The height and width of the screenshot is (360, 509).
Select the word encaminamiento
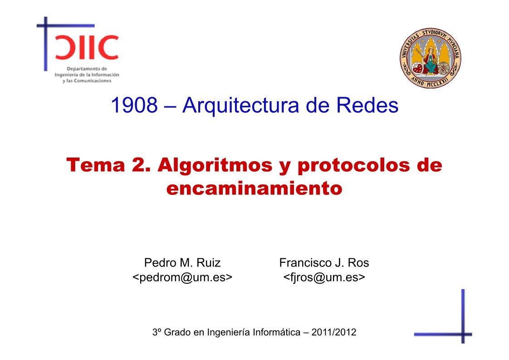(x=254, y=187)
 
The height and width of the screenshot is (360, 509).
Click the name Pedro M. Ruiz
(x=182, y=262)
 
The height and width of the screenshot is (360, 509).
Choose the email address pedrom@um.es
(x=182, y=277)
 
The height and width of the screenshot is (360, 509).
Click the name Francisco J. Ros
(x=324, y=262)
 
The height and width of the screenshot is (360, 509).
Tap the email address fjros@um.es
(x=324, y=277)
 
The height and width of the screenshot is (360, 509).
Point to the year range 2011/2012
(x=335, y=332)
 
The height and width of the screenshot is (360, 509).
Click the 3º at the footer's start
(x=157, y=332)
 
